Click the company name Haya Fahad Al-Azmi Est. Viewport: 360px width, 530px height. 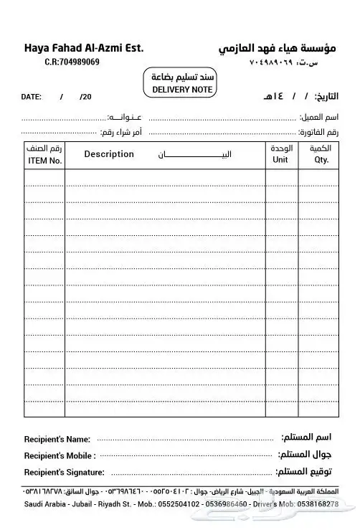(x=84, y=48)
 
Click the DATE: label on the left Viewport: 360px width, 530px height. (x=32, y=96)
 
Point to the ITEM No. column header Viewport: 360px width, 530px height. (x=45, y=161)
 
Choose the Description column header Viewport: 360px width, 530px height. (x=109, y=154)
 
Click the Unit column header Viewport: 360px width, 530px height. (x=280, y=160)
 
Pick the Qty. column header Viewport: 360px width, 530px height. (x=321, y=160)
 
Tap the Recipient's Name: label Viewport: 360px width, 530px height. (x=57, y=439)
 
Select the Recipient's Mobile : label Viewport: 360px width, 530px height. (x=60, y=455)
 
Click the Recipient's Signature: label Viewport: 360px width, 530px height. (x=64, y=472)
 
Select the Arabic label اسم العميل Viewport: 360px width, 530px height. (x=320, y=116)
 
